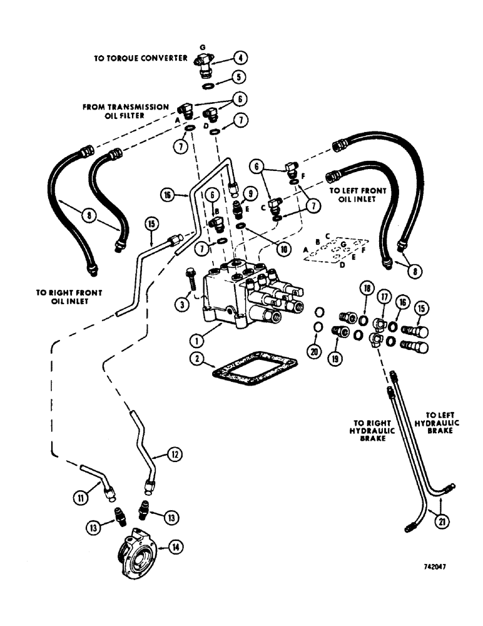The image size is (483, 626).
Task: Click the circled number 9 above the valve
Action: pos(248,192)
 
